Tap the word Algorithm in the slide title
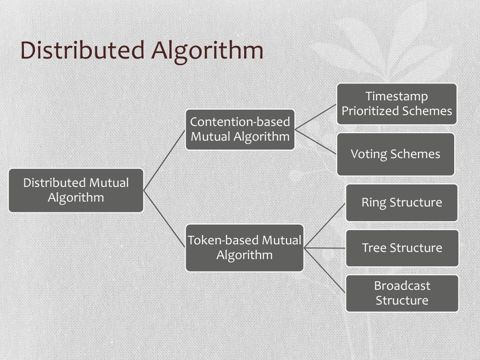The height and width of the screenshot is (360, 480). coord(207,51)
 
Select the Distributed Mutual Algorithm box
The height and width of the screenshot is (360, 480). coord(76,190)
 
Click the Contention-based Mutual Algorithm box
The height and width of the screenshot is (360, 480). coord(240,129)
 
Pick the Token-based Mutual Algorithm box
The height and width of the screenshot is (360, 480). coord(244,247)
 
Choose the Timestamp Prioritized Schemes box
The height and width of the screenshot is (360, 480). coord(397,104)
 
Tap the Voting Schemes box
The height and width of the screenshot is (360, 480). coord(396,154)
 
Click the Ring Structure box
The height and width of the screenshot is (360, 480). coord(402,202)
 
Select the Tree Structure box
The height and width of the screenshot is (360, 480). coord(402,248)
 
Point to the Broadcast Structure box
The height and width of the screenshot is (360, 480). coord(402,293)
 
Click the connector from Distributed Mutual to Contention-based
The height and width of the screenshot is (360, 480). coord(164,160)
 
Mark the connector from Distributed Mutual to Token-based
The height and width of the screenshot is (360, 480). coord(164,218)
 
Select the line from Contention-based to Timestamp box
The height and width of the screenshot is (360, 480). coord(315,117)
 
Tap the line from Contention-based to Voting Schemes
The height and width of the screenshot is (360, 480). coord(315,142)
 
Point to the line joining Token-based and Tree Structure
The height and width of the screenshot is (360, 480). coord(324,248)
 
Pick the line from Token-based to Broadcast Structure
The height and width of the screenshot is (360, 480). coord(324,270)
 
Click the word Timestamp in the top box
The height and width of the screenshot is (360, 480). coord(397,96)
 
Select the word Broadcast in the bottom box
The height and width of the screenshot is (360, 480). coord(402,285)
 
